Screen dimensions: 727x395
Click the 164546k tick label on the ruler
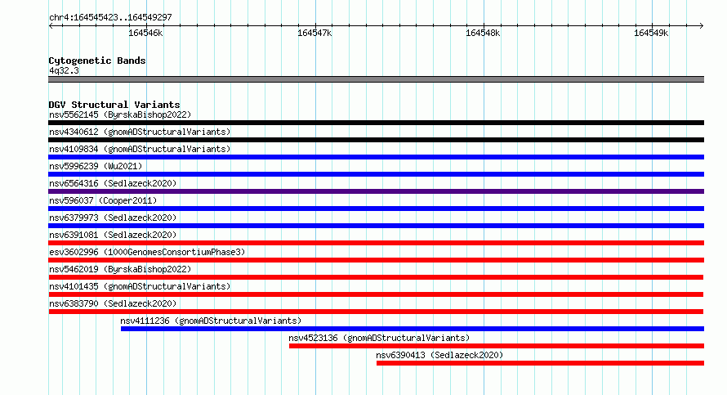click(x=145, y=33)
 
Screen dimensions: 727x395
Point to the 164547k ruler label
click(x=314, y=33)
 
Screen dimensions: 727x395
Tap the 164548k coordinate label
click(x=483, y=33)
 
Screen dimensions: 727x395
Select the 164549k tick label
click(x=651, y=33)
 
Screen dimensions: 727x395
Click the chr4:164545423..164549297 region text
click(x=110, y=18)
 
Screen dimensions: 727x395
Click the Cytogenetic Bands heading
click(x=97, y=61)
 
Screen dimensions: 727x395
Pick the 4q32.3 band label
click(x=64, y=70)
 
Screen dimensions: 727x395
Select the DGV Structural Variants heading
click(x=114, y=105)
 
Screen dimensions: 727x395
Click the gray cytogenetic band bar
click(x=376, y=79)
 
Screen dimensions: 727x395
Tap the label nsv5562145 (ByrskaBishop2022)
click(x=120, y=114)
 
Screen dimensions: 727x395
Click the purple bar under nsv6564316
click(x=376, y=191)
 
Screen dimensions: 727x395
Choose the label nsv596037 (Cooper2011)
click(x=103, y=200)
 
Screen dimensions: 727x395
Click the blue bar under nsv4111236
click(x=413, y=329)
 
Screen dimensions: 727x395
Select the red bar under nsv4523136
click(x=497, y=346)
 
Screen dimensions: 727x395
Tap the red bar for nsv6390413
click(x=540, y=363)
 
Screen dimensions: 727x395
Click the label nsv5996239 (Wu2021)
click(x=96, y=166)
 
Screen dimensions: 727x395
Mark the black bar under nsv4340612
click(x=376, y=140)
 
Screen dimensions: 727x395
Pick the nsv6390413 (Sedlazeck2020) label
click(x=439, y=355)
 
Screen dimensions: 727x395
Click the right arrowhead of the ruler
click(x=702, y=25)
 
